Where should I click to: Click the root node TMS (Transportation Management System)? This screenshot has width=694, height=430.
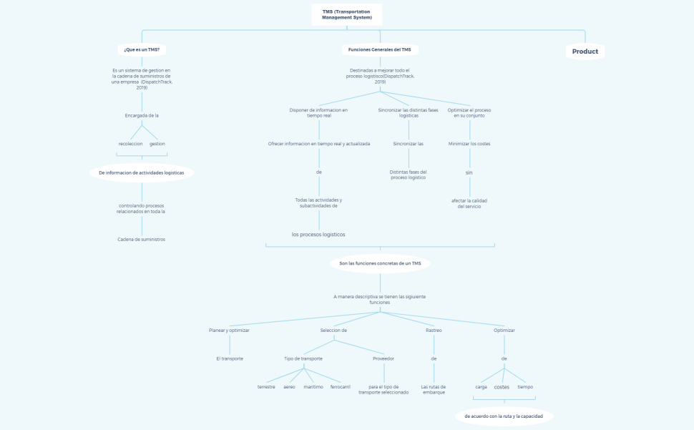click(347, 14)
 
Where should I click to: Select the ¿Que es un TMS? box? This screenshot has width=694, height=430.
click(142, 50)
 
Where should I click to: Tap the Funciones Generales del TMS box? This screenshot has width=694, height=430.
click(380, 50)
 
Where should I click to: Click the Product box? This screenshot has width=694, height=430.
click(585, 52)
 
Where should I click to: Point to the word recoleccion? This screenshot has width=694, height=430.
click(130, 144)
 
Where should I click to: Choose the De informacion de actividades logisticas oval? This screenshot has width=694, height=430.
click(142, 173)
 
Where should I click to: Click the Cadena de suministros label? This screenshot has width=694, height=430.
click(142, 240)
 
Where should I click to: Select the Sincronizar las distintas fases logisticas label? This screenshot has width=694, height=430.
click(409, 113)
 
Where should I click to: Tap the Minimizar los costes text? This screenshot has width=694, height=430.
click(469, 144)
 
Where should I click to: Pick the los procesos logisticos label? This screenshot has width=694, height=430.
click(318, 235)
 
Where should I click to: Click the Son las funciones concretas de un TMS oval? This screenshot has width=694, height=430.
click(380, 264)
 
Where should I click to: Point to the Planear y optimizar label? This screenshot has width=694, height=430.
click(229, 331)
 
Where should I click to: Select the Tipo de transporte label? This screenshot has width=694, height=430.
click(303, 358)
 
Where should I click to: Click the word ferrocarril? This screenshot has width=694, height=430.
click(341, 387)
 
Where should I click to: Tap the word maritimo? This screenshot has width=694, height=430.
click(313, 387)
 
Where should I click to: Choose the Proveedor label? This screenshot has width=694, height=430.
click(383, 358)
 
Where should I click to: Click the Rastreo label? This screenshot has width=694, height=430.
click(434, 331)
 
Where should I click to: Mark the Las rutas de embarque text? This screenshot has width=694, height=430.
click(434, 390)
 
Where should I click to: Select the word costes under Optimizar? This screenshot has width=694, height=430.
click(502, 387)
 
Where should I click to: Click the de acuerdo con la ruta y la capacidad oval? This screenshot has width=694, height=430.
click(504, 416)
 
